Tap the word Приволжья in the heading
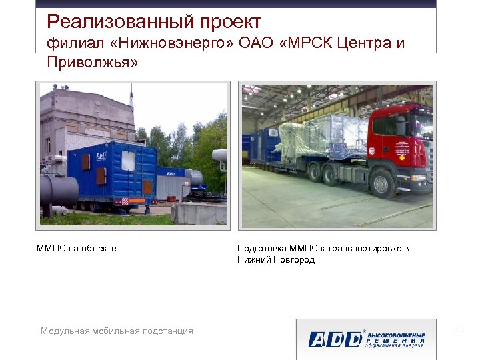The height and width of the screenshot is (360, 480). click(93, 64)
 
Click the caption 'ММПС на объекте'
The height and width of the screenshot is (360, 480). click(77, 249)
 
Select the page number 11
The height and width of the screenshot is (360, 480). click(458, 331)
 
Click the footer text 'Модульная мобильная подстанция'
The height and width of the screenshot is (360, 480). click(117, 331)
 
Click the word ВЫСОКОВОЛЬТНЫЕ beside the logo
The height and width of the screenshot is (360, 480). click(397, 333)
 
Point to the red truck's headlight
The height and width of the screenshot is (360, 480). click(419, 178)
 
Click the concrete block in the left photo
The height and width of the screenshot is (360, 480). click(199, 213)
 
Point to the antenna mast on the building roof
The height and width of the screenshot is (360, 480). click(131, 97)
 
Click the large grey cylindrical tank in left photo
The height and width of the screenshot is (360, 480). click(59, 190)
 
